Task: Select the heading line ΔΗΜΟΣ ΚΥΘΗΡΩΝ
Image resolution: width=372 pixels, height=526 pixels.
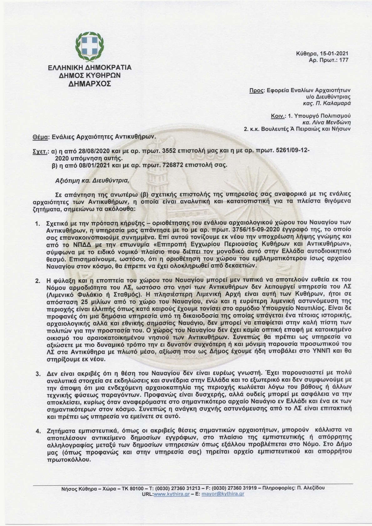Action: click(89, 75)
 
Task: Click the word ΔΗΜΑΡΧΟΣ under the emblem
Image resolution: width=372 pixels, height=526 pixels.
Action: click(89, 83)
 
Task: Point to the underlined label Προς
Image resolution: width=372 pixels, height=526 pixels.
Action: click(255, 90)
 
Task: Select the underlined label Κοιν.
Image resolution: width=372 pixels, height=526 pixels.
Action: click(278, 116)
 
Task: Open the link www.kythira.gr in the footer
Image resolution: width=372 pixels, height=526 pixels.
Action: click(169, 494)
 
